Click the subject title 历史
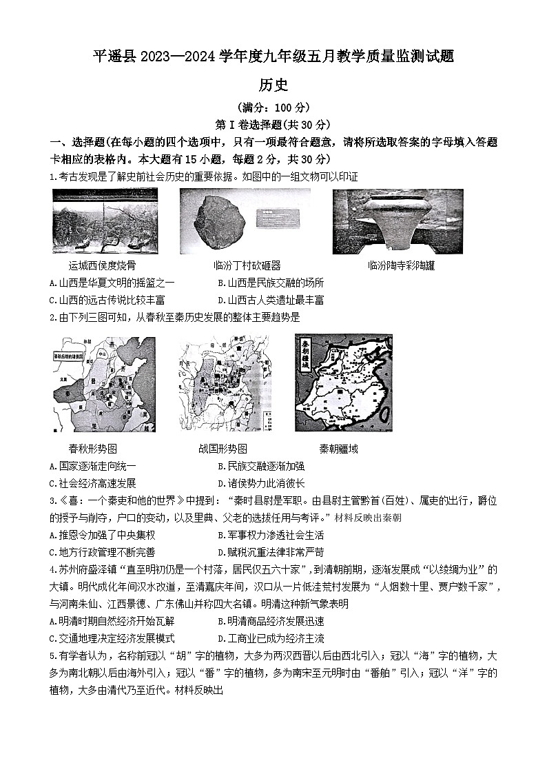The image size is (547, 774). [x=273, y=85]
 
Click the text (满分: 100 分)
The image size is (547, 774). [x=273, y=108]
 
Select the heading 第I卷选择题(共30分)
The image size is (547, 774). [x=273, y=125]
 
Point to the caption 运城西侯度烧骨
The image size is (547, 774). [x=92, y=265]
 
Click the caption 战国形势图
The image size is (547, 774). [x=220, y=449]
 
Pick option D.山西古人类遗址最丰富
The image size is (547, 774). [x=271, y=300]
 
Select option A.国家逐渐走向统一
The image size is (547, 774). [x=93, y=466]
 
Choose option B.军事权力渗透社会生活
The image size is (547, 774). [x=271, y=535]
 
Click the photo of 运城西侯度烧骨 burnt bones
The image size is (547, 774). [x=105, y=221]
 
